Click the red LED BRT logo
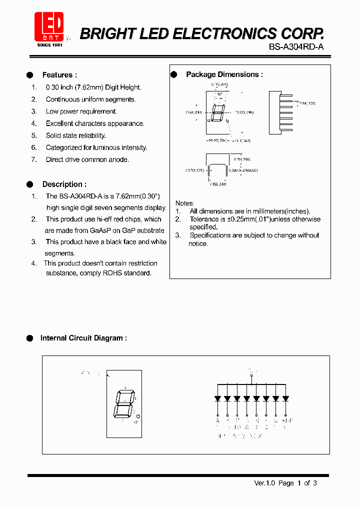[x=48, y=27]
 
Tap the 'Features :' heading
[x=59, y=75]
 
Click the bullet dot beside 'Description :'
[x=29, y=184]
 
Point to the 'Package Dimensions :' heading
[x=224, y=74]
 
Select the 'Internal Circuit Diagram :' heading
[x=83, y=338]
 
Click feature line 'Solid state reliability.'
[x=75, y=135]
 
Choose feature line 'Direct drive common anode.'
[x=87, y=159]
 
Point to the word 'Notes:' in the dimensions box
[x=184, y=203]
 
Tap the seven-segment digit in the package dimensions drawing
[x=217, y=113]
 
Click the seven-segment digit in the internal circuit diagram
[x=123, y=404]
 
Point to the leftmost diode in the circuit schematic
[x=218, y=398]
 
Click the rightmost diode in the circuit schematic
[x=285, y=398]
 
